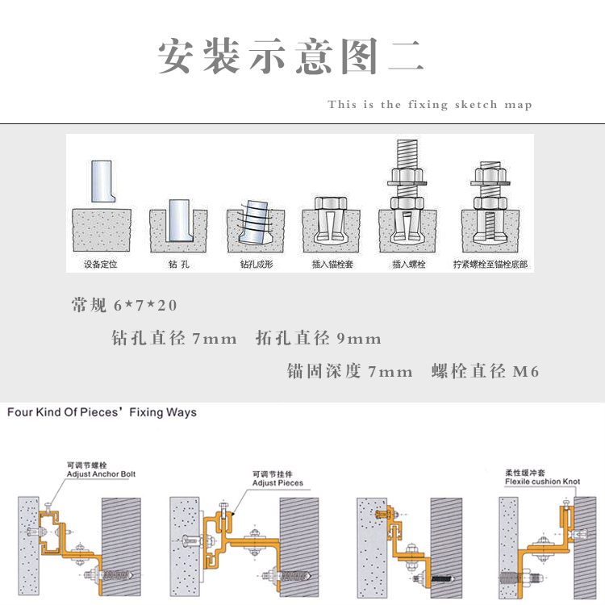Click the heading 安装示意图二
(290, 56)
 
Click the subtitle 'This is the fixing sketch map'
(430, 105)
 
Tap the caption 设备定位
(101, 264)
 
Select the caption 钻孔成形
(256, 264)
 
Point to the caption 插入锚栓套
(332, 264)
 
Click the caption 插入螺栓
(408, 264)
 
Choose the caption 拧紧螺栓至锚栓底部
(490, 264)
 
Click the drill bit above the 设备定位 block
(102, 181)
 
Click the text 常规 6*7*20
(123, 306)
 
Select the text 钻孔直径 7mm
(174, 339)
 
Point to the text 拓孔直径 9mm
(318, 339)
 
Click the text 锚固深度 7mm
(350, 372)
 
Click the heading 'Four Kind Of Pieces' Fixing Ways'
(102, 412)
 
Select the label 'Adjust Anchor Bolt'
(101, 474)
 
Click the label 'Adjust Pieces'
(277, 483)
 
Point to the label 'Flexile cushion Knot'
(542, 481)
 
